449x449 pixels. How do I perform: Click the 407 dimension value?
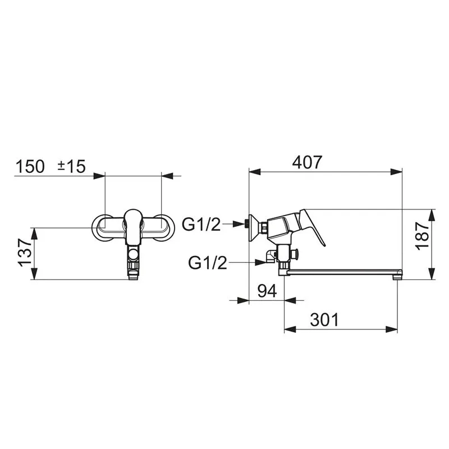pos(307,162)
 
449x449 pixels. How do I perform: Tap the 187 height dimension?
pos(423,236)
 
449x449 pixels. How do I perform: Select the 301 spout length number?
pos(324,319)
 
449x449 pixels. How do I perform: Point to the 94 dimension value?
pos(267,291)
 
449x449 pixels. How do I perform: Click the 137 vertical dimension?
pos(25,253)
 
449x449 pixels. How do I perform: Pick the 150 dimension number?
pos(30,166)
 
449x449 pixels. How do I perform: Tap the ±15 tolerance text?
pos(71,166)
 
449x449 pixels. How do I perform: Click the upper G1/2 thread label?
pos(201,224)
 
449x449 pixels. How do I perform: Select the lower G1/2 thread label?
pos(208,262)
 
